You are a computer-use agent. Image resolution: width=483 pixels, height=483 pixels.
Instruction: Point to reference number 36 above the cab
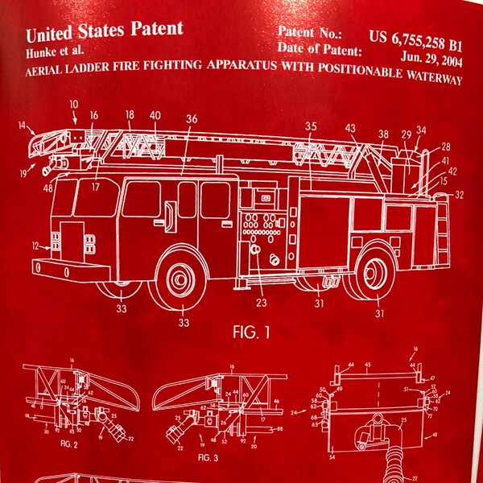(191, 119)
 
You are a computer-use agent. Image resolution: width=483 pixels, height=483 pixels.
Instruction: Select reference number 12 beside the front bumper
(33, 245)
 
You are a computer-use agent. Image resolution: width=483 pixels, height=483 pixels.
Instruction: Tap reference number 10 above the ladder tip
(74, 104)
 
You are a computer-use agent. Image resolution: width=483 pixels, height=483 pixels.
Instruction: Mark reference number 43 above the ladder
(350, 129)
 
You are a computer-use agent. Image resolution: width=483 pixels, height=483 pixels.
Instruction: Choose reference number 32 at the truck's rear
(460, 195)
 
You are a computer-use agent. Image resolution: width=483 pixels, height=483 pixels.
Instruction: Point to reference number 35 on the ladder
(311, 126)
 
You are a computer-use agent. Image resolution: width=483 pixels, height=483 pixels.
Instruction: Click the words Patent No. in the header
(309, 34)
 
